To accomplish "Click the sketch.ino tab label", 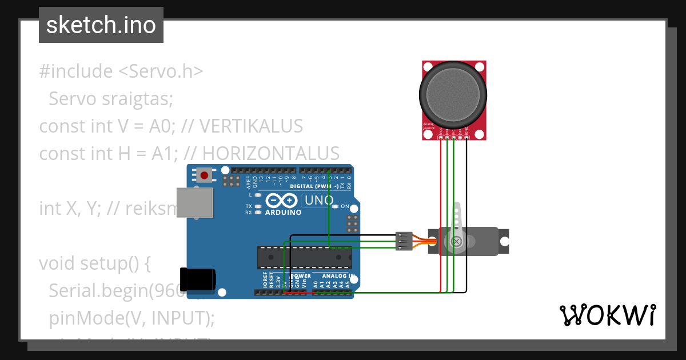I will point(101,25).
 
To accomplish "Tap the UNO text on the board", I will point(318,201).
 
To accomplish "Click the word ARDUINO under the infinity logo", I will point(284,213).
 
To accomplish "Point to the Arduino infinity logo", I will point(281,201).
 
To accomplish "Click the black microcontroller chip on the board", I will point(304,257).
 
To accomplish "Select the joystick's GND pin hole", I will point(467,137).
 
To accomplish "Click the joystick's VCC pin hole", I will point(441,137).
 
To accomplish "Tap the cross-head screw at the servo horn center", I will point(457,242).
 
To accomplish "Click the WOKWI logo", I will point(607,315).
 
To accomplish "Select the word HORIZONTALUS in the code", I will point(271,153).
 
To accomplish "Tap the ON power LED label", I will point(345,206).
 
